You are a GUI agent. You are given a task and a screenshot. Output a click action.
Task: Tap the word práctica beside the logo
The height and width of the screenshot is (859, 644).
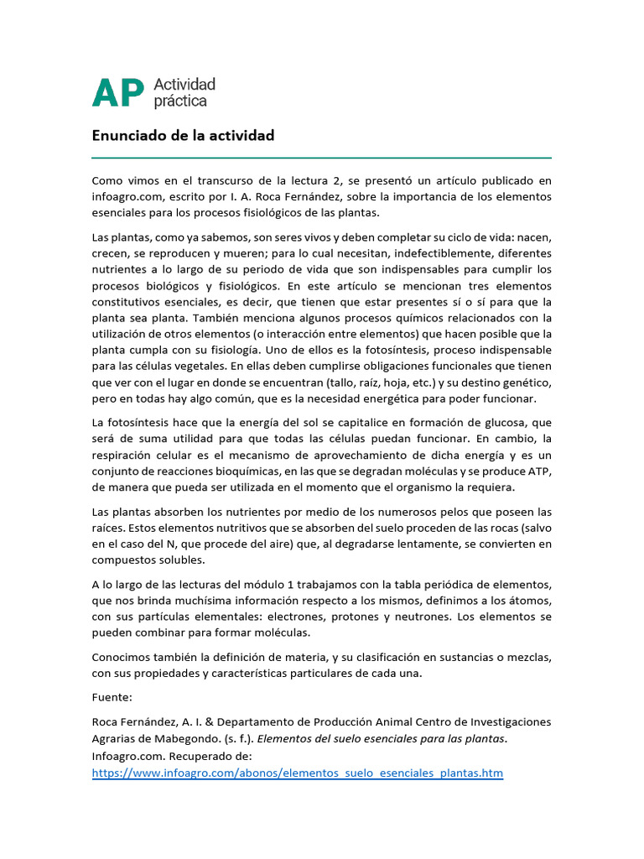click(x=180, y=101)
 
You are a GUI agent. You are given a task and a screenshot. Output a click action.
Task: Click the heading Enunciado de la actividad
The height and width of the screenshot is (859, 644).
click(x=183, y=136)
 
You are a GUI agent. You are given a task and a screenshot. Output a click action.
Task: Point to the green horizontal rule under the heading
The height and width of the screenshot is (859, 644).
click(x=321, y=157)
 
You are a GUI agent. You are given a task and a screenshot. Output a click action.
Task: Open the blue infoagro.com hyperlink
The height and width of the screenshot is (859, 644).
click(x=298, y=772)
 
